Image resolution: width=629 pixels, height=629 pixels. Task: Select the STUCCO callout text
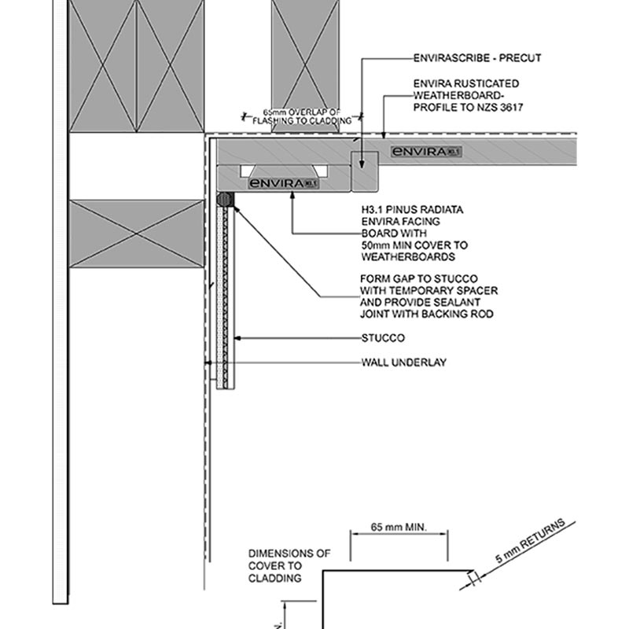click(383, 339)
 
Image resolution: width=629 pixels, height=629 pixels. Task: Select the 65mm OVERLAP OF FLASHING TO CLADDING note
click(302, 116)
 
